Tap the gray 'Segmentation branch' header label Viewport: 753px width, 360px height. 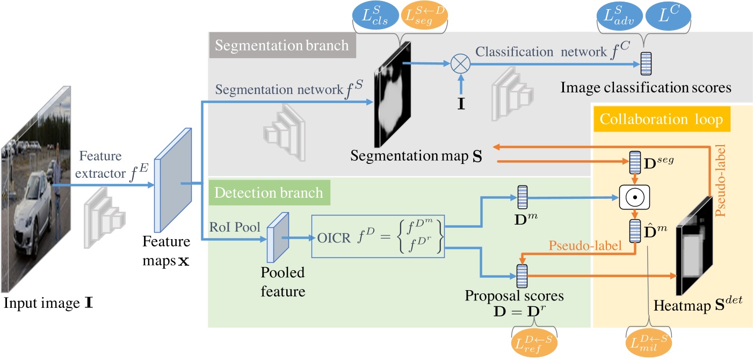coord(281,45)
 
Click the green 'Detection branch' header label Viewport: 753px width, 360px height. coord(269,192)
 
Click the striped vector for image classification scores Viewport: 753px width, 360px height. coord(647,64)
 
